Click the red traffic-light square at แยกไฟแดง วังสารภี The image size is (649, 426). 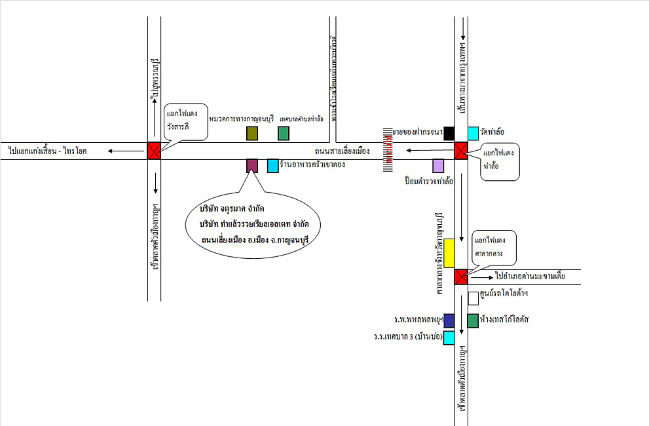[153, 151]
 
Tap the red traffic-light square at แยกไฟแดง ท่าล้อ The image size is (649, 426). [461, 151]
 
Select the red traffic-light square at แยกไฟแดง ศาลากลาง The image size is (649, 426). [461, 277]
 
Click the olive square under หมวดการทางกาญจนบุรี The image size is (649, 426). [252, 134]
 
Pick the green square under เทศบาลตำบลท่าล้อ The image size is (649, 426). [284, 134]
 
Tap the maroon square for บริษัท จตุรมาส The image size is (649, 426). [252, 166]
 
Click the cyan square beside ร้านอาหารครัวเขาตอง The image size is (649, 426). [273, 166]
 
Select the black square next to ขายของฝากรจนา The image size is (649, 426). [449, 134]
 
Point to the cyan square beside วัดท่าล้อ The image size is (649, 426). [473, 134]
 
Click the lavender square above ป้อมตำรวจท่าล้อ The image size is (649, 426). [438, 166]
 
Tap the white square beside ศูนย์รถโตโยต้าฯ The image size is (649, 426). [473, 299]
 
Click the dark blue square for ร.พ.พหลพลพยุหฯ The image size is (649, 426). [449, 320]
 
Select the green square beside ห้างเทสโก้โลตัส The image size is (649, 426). [473, 320]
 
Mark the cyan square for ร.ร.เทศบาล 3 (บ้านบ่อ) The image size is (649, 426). [449, 338]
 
